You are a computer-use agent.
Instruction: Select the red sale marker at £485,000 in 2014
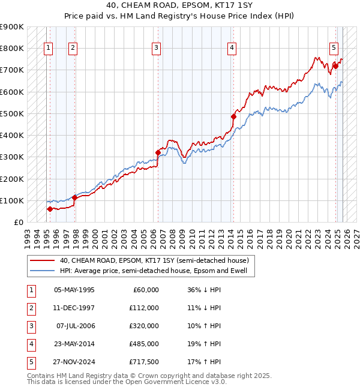coord(233,116)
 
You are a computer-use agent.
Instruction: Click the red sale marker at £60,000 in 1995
coord(50,209)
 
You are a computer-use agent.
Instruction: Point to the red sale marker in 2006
coord(158,152)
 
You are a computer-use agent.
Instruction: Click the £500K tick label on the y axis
coord(12,113)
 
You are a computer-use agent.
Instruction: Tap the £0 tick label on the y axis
coord(18,222)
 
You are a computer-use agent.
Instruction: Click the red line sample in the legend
coord(42,261)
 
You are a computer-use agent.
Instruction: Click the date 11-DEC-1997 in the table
coord(74,308)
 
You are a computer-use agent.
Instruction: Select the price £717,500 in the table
coord(143,362)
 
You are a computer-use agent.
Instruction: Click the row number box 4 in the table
coord(31,344)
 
